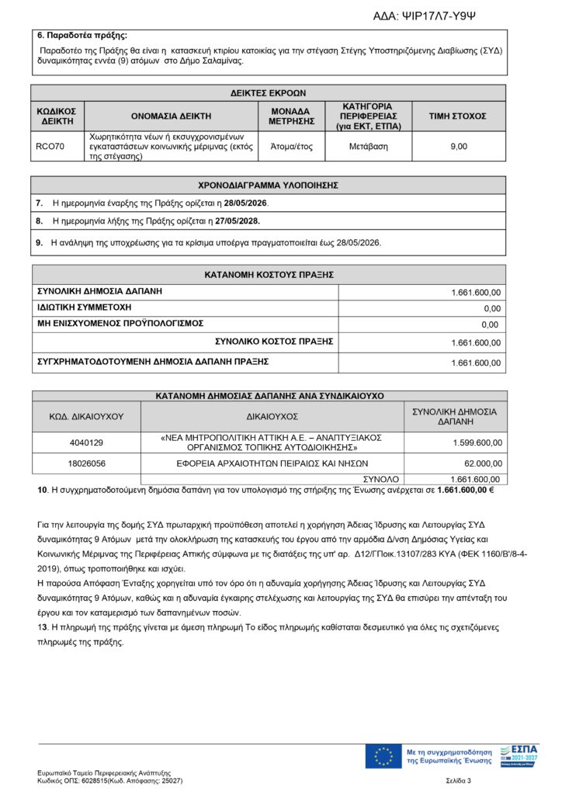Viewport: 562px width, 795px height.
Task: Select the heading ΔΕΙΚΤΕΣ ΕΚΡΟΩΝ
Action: tap(269, 92)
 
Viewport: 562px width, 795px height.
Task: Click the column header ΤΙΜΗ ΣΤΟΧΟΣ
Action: tap(458, 116)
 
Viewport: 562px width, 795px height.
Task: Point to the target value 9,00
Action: tap(459, 146)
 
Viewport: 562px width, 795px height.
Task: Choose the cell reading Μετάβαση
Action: tap(369, 146)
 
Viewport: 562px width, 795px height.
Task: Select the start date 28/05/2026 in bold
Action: tap(247, 203)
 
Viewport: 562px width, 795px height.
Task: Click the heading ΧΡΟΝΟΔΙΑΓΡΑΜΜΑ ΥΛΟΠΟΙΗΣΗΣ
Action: tap(269, 185)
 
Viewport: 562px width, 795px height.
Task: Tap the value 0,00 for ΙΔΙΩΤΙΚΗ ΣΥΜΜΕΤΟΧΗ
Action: tap(490, 308)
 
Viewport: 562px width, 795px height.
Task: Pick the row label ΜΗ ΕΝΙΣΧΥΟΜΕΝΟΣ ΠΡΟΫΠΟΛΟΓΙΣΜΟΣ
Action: tap(120, 323)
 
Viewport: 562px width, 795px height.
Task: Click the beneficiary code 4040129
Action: tap(86, 443)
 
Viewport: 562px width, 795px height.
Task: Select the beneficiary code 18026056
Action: tap(86, 463)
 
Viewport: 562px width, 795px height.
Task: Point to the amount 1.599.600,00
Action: tap(477, 443)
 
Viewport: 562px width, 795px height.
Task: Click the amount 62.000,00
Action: tap(482, 463)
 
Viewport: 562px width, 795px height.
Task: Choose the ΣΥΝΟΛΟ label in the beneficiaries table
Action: tap(380, 479)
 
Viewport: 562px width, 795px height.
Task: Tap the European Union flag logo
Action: tap(383, 755)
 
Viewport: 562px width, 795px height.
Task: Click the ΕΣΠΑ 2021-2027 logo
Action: tap(519, 755)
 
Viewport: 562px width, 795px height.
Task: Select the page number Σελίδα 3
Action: tap(459, 779)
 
